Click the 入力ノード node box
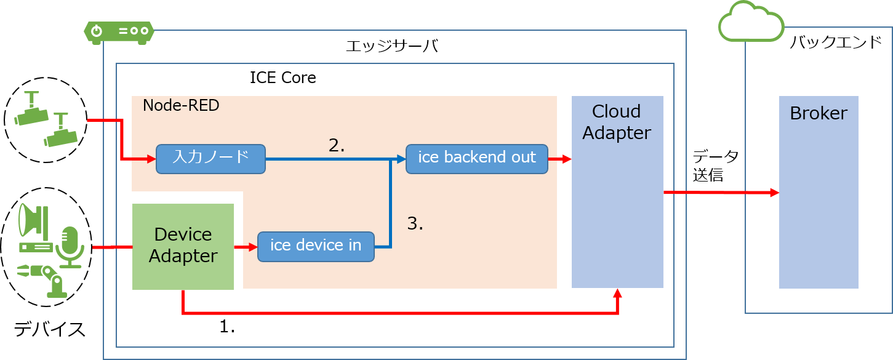pos(210,159)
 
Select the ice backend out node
pos(476,159)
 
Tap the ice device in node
pos(316,246)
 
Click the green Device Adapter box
pos(183,246)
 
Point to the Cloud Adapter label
pos(617,122)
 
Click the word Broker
pos(818,114)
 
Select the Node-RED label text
pos(181,106)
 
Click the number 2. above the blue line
pos(337,145)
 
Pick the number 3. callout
pos(415,224)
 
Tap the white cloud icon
pos(751,23)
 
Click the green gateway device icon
pos(119,31)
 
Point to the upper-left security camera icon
pos(31,109)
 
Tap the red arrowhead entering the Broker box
pos(774,193)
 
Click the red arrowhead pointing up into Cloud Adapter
pos(618,294)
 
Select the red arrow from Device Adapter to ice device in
pos(246,247)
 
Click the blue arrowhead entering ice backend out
pos(401,159)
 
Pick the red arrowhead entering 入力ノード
pos(151,159)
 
